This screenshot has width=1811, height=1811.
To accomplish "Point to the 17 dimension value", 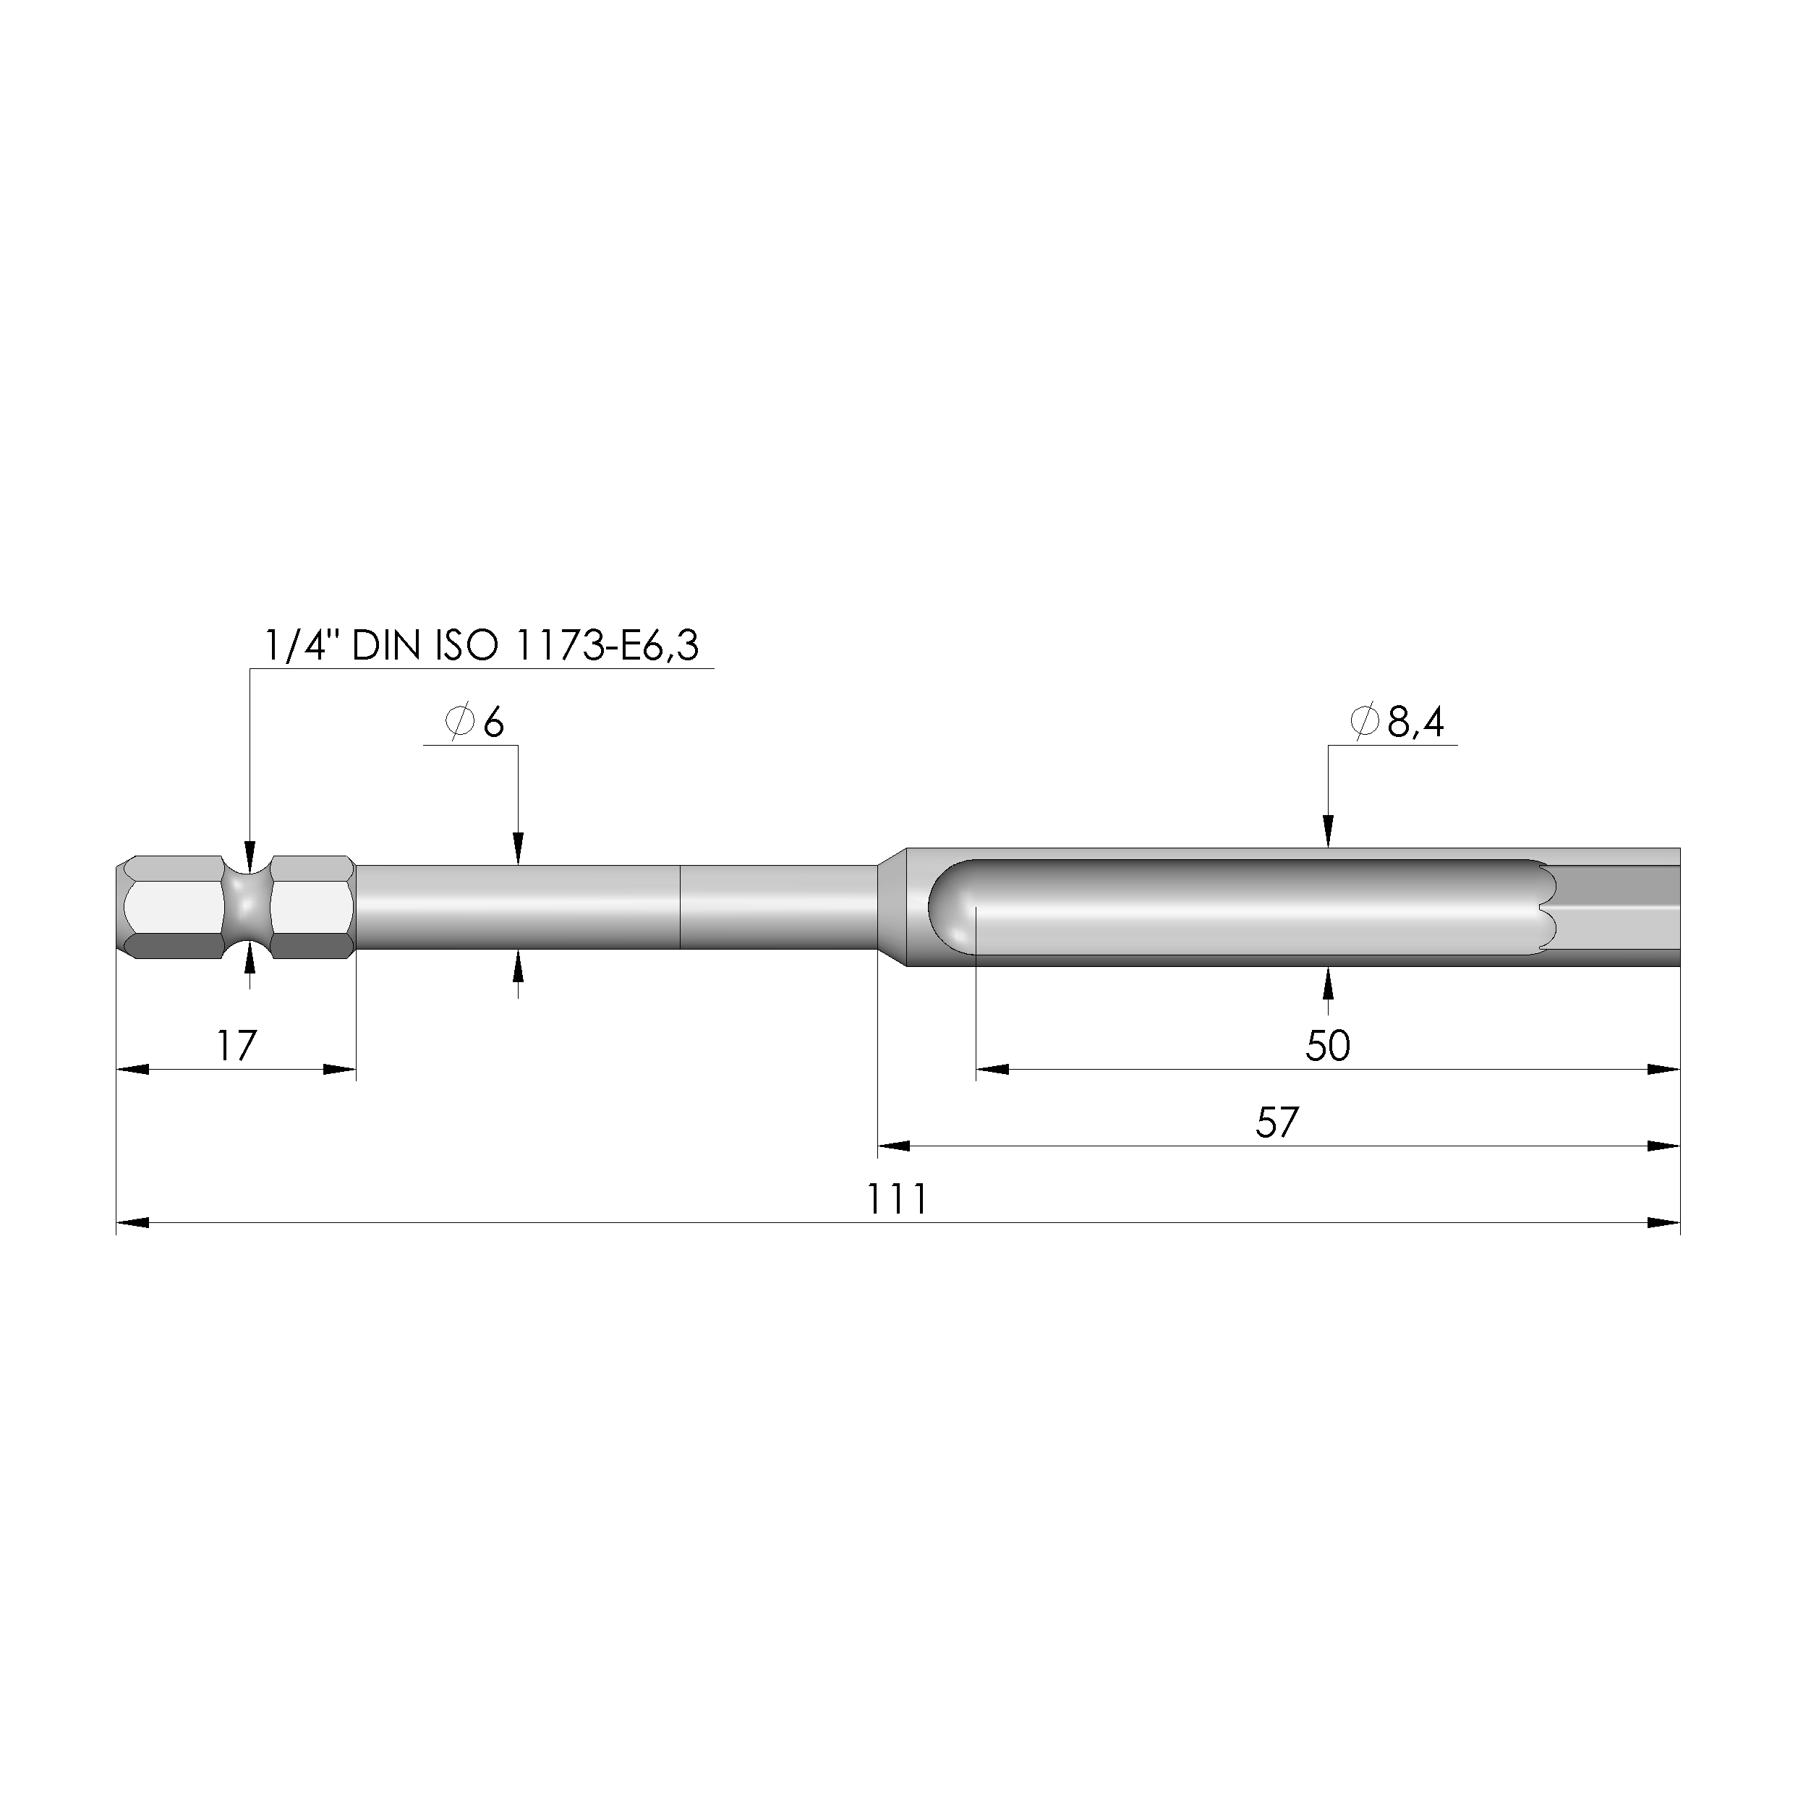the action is click(237, 1046).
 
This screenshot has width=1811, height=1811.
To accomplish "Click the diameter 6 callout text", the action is click(475, 723).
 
